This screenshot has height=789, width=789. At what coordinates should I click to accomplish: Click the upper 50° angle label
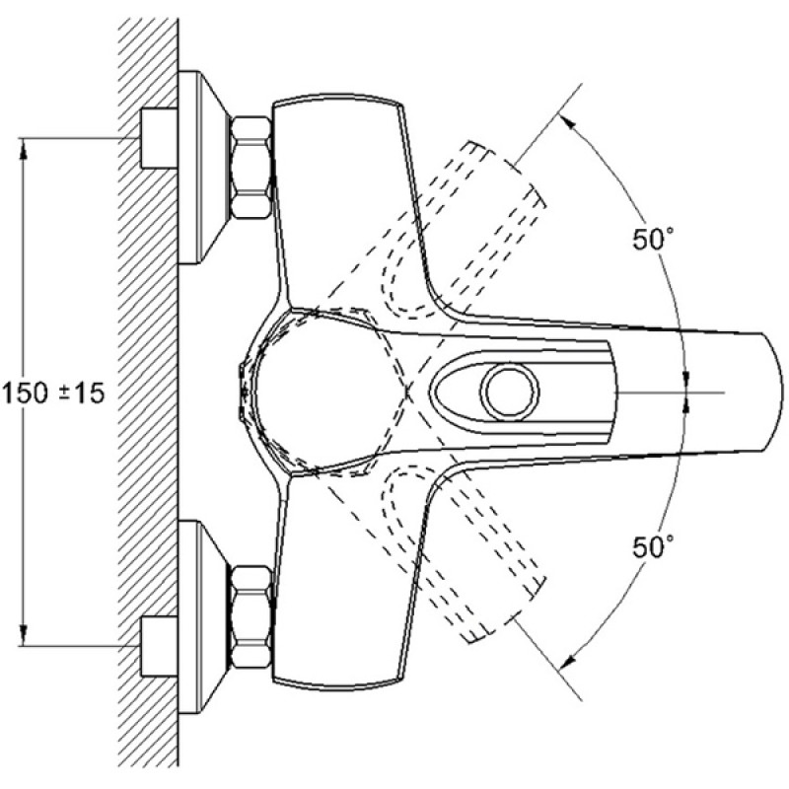tap(653, 239)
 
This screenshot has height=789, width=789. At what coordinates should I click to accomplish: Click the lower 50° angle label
tap(653, 546)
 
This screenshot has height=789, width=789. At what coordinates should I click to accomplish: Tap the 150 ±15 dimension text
tap(53, 393)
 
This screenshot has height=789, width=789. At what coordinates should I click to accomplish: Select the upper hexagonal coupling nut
tap(251, 168)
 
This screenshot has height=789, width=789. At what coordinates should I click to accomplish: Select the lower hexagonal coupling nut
tap(251, 617)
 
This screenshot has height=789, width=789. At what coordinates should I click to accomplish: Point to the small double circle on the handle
tap(510, 392)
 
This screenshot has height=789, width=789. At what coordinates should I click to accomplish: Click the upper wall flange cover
tap(203, 168)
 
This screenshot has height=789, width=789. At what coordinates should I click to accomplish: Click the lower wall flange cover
tap(203, 617)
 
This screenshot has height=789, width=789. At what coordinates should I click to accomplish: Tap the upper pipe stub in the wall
tap(159, 138)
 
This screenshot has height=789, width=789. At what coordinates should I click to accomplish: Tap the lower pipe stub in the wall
tap(159, 646)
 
